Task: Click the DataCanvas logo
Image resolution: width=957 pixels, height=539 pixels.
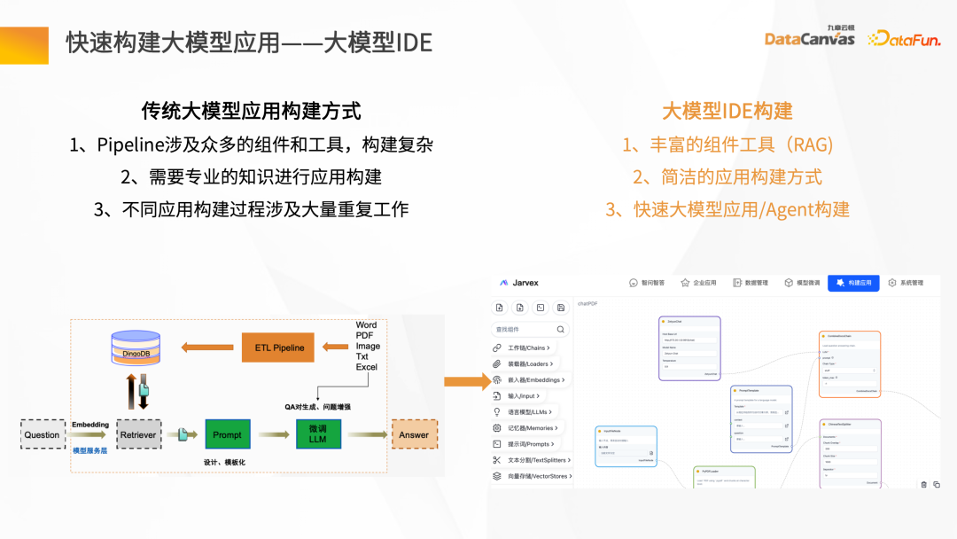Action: pyautogui.click(x=809, y=37)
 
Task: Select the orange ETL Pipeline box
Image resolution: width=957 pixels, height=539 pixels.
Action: pyautogui.click(x=279, y=348)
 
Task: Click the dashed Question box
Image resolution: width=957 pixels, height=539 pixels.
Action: pyautogui.click(x=42, y=434)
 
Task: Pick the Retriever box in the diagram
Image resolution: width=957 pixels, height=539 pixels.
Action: pyautogui.click(x=139, y=434)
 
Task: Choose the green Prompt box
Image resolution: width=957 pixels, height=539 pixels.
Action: pyautogui.click(x=227, y=434)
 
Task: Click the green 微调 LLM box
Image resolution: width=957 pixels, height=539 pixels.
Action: pyautogui.click(x=317, y=434)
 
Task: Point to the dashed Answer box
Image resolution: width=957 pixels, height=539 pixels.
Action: pyautogui.click(x=414, y=434)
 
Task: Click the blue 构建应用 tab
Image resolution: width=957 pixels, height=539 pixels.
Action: pyautogui.click(x=853, y=283)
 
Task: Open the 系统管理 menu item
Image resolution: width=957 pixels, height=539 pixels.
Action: pyautogui.click(x=906, y=283)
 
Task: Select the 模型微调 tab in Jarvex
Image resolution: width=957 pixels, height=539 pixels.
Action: pyautogui.click(x=802, y=283)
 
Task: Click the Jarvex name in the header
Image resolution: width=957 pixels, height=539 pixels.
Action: pyautogui.click(x=525, y=283)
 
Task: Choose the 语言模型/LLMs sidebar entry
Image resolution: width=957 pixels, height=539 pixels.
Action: pyautogui.click(x=529, y=411)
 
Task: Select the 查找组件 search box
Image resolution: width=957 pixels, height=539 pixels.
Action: pyautogui.click(x=530, y=329)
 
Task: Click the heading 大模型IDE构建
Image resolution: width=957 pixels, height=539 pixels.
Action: pyautogui.click(x=727, y=111)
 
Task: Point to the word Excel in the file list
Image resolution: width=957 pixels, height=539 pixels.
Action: pyautogui.click(x=367, y=367)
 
